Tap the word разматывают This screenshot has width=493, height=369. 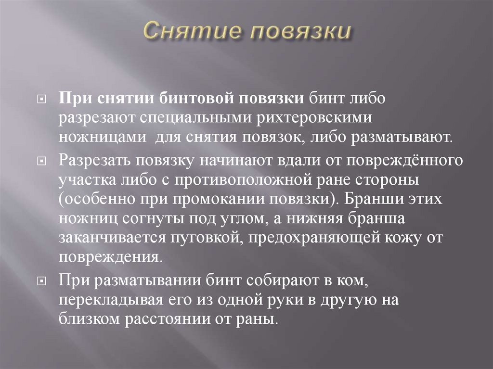410,136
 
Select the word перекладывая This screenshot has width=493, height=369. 104,300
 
